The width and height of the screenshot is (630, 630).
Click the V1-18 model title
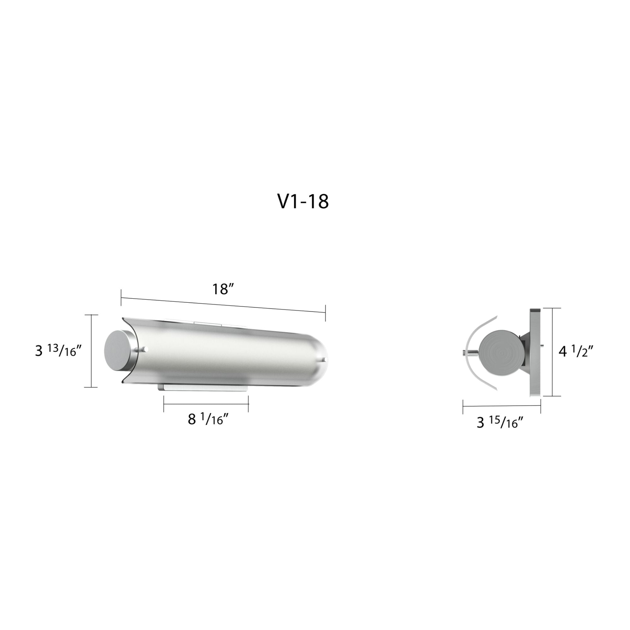pos(303,202)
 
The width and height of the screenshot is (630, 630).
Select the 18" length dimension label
pos(223,289)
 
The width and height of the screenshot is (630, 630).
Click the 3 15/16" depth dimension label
pos(500,423)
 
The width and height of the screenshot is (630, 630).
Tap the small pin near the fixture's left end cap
pos(146,349)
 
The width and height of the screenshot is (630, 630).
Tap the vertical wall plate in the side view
pos(535,352)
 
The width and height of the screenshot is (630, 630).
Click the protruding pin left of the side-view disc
pos(468,353)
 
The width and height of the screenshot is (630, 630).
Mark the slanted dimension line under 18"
pos(223,305)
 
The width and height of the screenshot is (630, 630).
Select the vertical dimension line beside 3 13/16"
pos(91,351)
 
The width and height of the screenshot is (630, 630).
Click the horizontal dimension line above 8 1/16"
pos(206,404)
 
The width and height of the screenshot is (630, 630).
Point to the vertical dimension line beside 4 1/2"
pos(553,352)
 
